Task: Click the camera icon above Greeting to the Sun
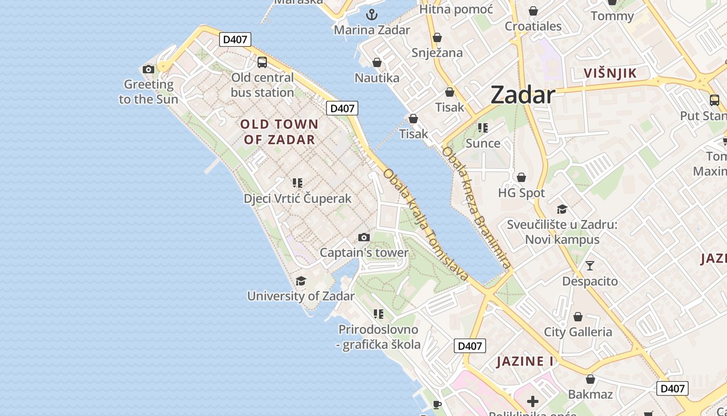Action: tap(149, 69)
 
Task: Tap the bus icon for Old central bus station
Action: tap(262, 62)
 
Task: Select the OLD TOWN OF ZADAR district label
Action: tap(279, 132)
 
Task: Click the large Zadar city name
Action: tap(522, 95)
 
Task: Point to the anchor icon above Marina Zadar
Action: tap(371, 15)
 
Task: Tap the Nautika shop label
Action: tap(377, 78)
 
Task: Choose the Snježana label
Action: tap(437, 53)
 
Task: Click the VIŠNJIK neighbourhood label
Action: tap(610, 73)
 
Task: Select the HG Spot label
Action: tap(521, 193)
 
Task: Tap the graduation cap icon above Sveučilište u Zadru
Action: tap(562, 209)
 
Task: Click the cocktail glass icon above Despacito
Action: tap(590, 266)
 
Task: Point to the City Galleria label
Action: tap(578, 332)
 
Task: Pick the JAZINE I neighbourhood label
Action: tap(524, 361)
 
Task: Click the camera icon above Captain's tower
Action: tap(364, 238)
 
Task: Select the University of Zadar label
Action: tap(301, 296)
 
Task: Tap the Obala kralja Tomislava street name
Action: tap(426, 225)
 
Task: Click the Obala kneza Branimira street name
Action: tap(476, 208)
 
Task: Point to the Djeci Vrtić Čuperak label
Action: tap(298, 199)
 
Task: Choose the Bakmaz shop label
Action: tap(590, 394)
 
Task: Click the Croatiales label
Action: tap(533, 26)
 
